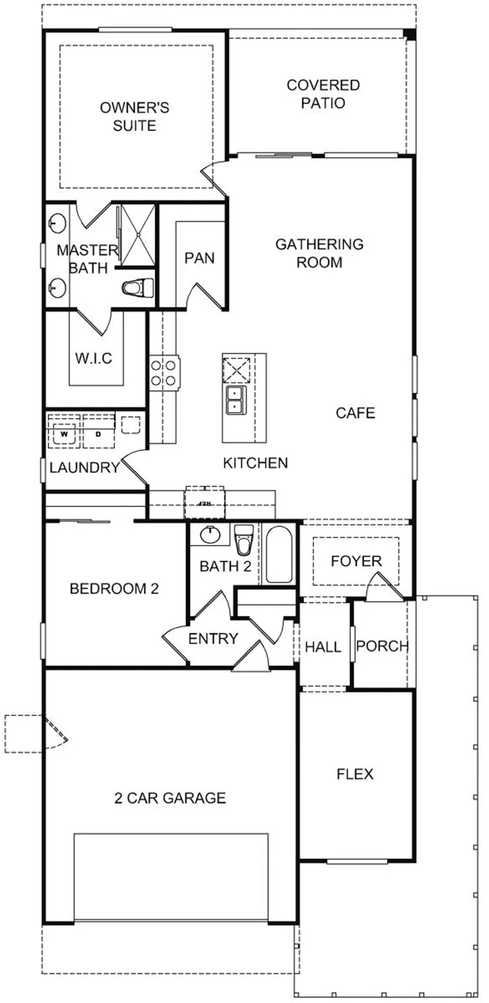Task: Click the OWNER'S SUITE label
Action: [x=134, y=117]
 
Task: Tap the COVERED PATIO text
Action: [x=323, y=94]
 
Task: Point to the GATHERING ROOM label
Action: [x=319, y=253]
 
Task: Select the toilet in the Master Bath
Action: [x=138, y=288]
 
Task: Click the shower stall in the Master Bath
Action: [x=136, y=235]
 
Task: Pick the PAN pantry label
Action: [x=199, y=258]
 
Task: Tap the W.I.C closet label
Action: [x=93, y=359]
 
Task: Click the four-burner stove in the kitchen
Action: [x=164, y=373]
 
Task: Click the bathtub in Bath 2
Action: [x=279, y=554]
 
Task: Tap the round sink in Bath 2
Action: [x=209, y=535]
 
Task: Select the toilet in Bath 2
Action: [x=243, y=540]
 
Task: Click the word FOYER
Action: [x=356, y=561]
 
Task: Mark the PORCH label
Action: [x=382, y=646]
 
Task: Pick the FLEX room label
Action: [x=355, y=774]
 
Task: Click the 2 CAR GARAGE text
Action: [x=170, y=798]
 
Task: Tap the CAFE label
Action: [x=355, y=413]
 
